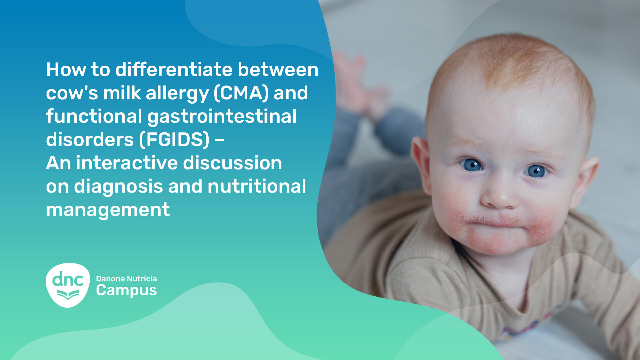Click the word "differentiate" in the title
point(174,70)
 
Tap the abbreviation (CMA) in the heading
point(241,93)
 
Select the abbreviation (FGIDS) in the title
point(174,140)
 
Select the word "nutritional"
point(257,186)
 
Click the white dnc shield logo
point(68,285)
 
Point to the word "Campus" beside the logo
point(126,291)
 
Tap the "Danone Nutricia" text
point(126,279)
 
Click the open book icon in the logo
point(68,295)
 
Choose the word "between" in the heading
point(278,70)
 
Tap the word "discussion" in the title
point(232,163)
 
